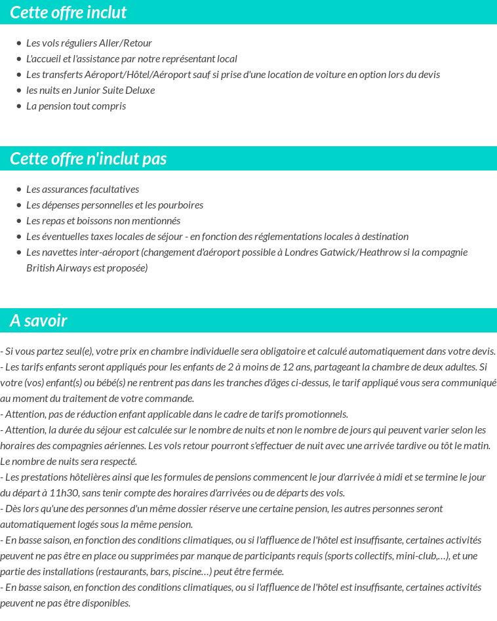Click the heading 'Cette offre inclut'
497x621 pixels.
pyautogui.click(x=68, y=12)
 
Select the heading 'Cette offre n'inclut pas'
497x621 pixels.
pyautogui.click(x=88, y=159)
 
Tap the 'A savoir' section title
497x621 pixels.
pyautogui.click(x=38, y=321)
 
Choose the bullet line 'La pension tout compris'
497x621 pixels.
pyautogui.click(x=75, y=106)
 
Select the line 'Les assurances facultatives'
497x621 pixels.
pyautogui.click(x=82, y=189)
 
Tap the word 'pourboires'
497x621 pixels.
pyautogui.click(x=180, y=205)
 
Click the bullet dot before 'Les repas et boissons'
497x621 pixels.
pyautogui.click(x=19, y=221)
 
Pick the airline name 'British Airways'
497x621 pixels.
pyautogui.click(x=58, y=268)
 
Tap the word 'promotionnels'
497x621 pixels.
pyautogui.click(x=318, y=414)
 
